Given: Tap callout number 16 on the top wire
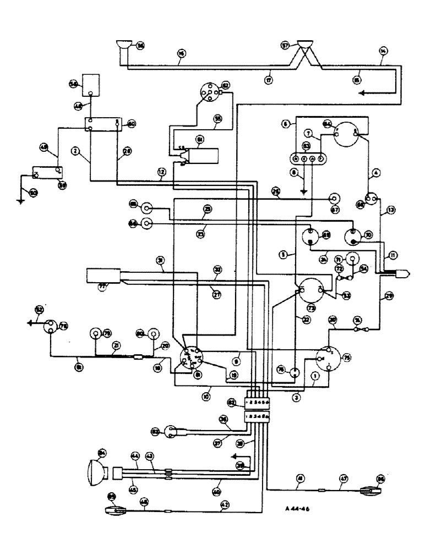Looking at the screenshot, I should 182,53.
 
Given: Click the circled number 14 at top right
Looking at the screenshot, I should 383,51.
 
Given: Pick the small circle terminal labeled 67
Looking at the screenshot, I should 333,198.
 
